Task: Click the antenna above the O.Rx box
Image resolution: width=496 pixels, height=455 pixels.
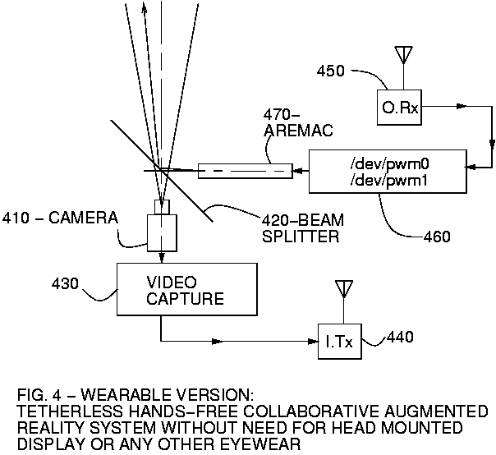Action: [x=402, y=54]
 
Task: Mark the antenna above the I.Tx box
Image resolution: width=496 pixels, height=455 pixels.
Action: [x=342, y=290]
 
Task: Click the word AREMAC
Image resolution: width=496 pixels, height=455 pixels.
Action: [x=291, y=131]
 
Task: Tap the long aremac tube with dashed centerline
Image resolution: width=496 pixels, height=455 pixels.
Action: [x=245, y=172]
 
